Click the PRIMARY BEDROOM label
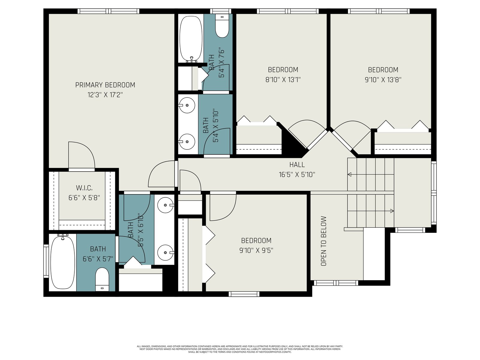[105, 85]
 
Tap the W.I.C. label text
[84, 188]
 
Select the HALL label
[297, 165]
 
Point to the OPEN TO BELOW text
[323, 241]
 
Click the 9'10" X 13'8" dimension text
[383, 80]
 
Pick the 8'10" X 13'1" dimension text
[283, 80]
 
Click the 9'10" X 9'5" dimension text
[256, 250]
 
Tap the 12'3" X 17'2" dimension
[105, 95]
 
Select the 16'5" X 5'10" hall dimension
[297, 175]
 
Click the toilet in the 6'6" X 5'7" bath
[102, 279]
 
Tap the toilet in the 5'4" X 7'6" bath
[222, 26]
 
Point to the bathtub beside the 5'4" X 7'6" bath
[191, 38]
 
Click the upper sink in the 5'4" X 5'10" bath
[187, 105]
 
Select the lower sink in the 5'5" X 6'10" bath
[166, 253]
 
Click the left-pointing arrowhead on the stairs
[349, 174]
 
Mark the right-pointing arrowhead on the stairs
[392, 211]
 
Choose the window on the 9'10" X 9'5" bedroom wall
[244, 294]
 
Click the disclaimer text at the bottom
[240, 349]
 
